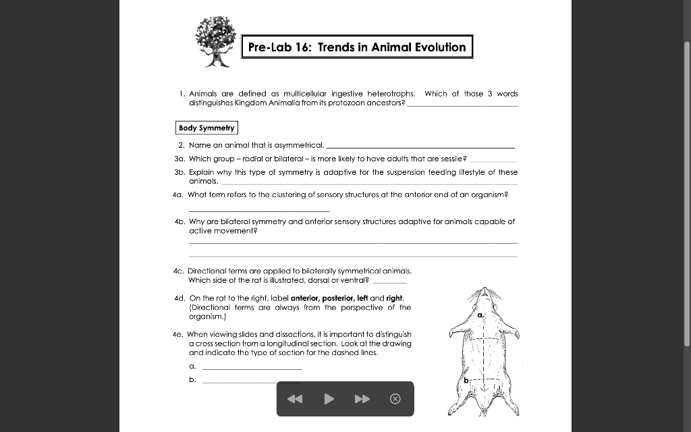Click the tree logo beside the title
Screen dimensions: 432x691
[216, 42]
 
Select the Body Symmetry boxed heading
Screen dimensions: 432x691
[207, 128]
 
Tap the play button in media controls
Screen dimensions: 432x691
[329, 399]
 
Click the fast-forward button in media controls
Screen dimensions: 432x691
[362, 399]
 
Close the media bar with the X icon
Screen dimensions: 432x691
[395, 399]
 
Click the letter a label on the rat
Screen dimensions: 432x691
[480, 315]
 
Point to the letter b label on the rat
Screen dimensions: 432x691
[465, 381]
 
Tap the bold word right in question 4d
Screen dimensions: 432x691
[394, 298]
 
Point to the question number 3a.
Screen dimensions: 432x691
[179, 159]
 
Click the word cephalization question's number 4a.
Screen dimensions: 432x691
[178, 194]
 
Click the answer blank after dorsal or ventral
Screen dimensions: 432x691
[389, 280]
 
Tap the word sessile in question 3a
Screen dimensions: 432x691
[452, 159]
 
